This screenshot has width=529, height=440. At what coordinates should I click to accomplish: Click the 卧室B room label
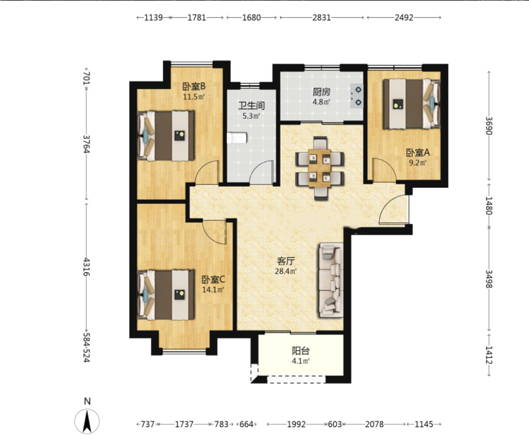pos(194,87)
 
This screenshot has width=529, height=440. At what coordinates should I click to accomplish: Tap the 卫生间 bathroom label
pos(251,106)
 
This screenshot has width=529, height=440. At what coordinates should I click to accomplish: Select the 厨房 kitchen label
pos(321,92)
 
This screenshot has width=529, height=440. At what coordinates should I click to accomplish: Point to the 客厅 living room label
pos(286,261)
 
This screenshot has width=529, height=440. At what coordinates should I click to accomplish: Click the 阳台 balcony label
pos(300,351)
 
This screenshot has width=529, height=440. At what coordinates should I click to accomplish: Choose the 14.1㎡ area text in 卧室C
pos(213,290)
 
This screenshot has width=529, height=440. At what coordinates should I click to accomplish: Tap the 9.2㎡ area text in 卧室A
pos(418,163)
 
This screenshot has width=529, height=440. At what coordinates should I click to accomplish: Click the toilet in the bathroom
pos(237,138)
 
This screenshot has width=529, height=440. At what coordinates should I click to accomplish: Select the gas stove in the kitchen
pos(356,96)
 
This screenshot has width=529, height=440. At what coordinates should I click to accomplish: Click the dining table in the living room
pos(319,168)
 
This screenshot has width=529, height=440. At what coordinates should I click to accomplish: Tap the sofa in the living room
pos(331,280)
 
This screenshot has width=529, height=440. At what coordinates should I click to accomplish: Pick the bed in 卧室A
pos(411,103)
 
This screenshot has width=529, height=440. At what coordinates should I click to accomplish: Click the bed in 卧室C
pos(166,295)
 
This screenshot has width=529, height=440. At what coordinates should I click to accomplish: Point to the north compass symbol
pos(87,421)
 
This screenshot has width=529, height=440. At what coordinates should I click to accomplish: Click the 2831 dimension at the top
pos(322,18)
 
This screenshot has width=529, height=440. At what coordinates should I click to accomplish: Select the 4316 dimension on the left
pos(87,267)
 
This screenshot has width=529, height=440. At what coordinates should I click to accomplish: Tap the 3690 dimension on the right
pos(489,126)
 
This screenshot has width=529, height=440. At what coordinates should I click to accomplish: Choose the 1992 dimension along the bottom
pos(296,424)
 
